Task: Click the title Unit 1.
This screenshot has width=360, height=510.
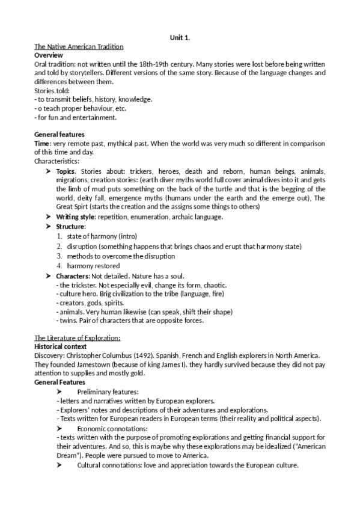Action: click(x=180, y=38)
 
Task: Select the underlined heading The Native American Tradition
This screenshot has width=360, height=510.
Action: click(x=79, y=47)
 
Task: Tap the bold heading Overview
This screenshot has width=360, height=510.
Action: click(x=49, y=55)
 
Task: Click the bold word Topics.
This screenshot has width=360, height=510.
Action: click(x=67, y=171)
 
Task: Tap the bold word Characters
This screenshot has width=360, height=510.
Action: click(x=74, y=275)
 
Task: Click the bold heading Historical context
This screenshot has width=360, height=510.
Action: click(x=61, y=347)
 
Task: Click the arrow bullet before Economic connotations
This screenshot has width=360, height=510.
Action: click(x=59, y=428)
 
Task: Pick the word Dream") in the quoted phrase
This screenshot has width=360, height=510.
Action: click(x=49, y=455)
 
